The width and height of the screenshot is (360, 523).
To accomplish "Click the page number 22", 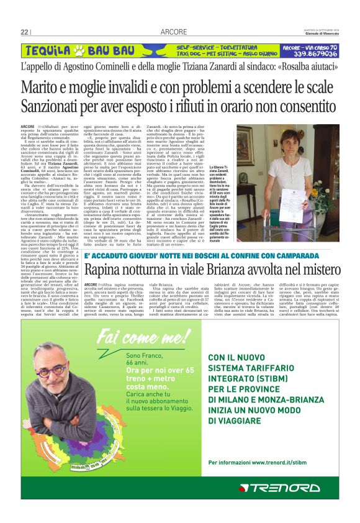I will (x=25, y=32).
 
